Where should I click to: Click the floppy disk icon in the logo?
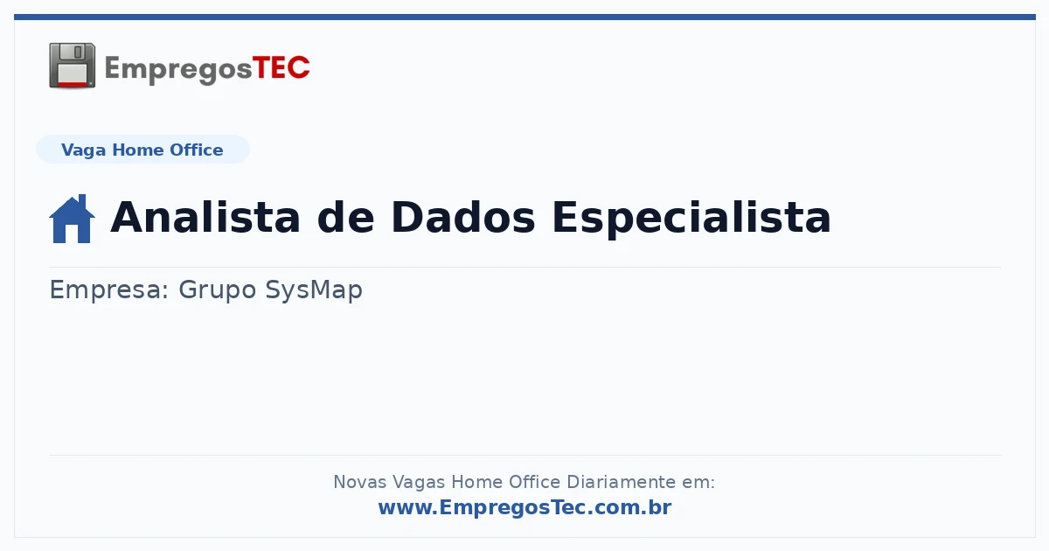(72, 66)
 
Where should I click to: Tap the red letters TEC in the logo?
(281, 68)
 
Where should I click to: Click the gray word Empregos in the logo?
(178, 69)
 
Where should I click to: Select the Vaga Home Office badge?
(142, 150)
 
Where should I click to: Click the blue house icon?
(72, 219)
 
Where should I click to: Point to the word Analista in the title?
(205, 218)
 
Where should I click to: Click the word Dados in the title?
(463, 218)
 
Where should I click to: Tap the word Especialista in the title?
(691, 220)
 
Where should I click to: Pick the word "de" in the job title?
(345, 218)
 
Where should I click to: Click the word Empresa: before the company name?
(109, 290)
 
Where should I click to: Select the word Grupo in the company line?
(218, 290)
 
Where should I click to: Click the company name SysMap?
(314, 290)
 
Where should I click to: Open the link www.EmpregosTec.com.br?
(525, 507)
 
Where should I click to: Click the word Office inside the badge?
(196, 150)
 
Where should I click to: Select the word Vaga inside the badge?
(83, 150)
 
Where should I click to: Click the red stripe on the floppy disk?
(73, 84)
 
